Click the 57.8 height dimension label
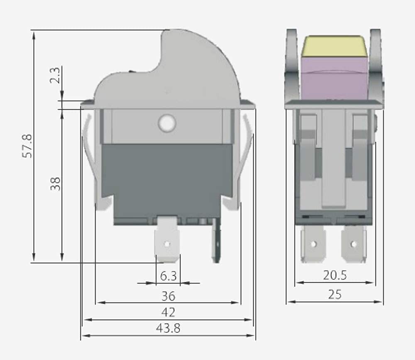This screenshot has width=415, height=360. pyautogui.click(x=27, y=145)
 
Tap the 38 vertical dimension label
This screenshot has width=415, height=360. pyautogui.click(x=56, y=184)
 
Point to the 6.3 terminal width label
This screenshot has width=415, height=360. pyautogui.click(x=168, y=276)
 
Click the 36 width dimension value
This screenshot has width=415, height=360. pyautogui.click(x=168, y=296)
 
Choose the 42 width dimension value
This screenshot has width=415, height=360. pyautogui.click(x=168, y=312)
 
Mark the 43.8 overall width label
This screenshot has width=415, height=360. pyautogui.click(x=168, y=328)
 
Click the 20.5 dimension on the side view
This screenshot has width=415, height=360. pyautogui.click(x=334, y=275)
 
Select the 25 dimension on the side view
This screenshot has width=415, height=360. pyautogui.click(x=334, y=294)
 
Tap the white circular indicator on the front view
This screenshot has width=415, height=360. pyautogui.click(x=167, y=123)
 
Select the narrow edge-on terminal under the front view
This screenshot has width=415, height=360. pyautogui.click(x=216, y=243)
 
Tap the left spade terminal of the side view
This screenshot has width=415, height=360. pyautogui.click(x=313, y=244)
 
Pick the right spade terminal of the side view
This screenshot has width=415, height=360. pyautogui.click(x=354, y=244)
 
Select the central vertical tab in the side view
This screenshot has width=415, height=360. pyautogui.click(x=334, y=162)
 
